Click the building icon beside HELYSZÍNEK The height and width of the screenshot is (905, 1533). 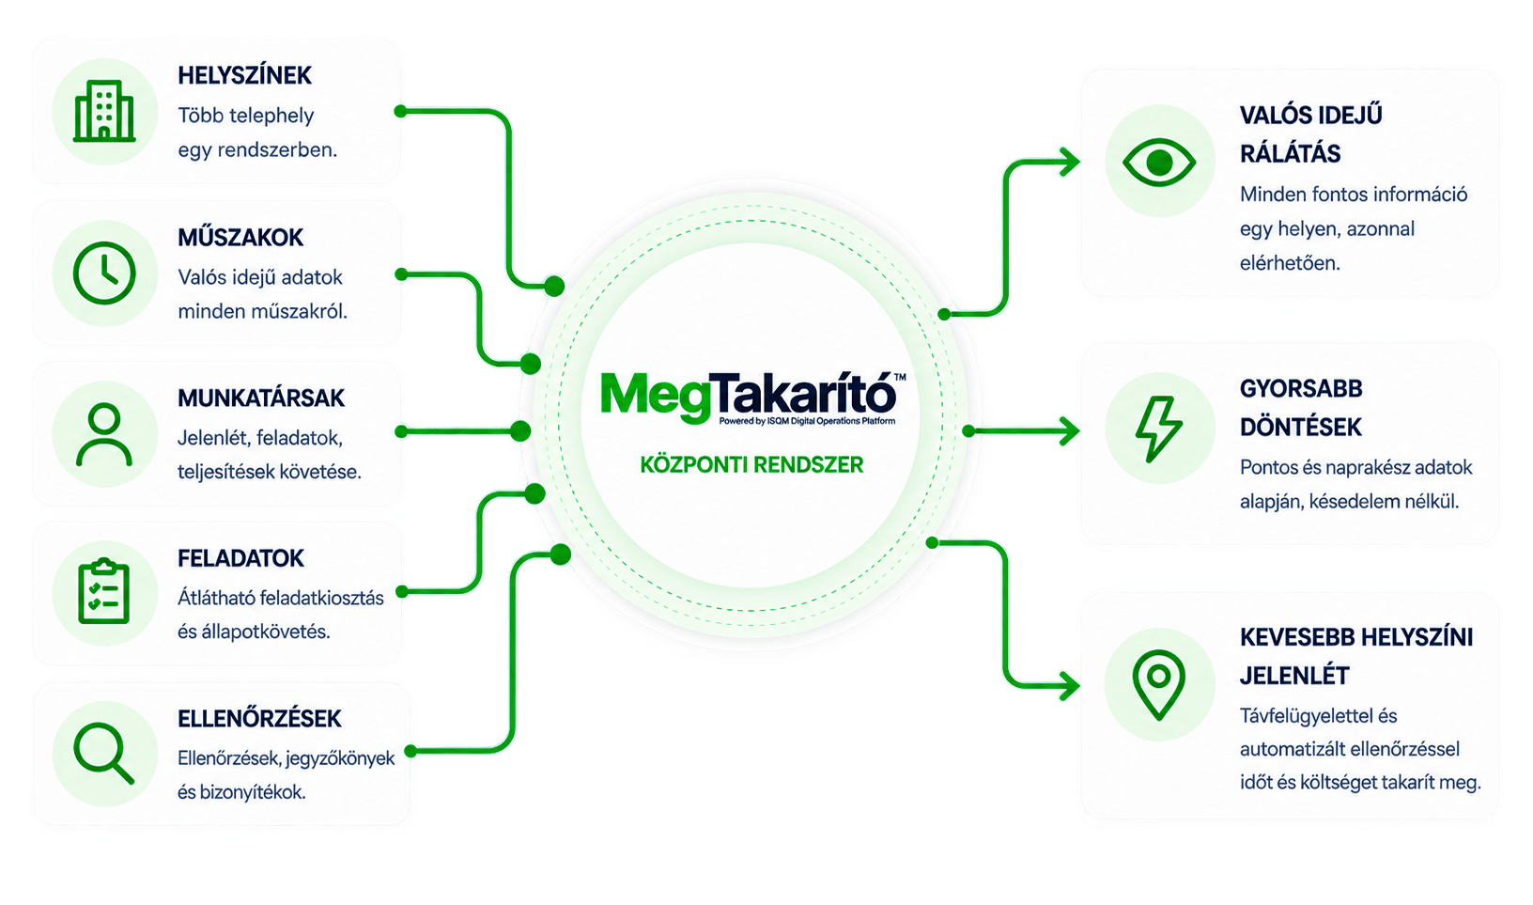pyautogui.click(x=104, y=111)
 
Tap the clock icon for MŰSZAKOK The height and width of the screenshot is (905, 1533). pyautogui.click(x=104, y=273)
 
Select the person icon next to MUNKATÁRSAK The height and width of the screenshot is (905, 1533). pyautogui.click(x=104, y=435)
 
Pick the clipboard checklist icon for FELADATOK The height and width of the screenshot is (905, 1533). pyautogui.click(x=104, y=591)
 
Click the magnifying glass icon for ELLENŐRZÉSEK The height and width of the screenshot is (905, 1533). pyautogui.click(x=103, y=753)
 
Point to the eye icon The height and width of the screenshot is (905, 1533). pyautogui.click(x=1158, y=163)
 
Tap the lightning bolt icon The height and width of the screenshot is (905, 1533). pyautogui.click(x=1158, y=429)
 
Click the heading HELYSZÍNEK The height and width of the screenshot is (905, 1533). pyautogui.click(x=244, y=75)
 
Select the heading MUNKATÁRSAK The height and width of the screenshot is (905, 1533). pyautogui.click(x=261, y=398)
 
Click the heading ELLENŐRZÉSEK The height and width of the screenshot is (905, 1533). pyautogui.click(x=259, y=719)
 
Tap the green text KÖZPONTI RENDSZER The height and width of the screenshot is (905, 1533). pyautogui.click(x=751, y=465)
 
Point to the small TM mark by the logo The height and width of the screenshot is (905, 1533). pyautogui.click(x=900, y=377)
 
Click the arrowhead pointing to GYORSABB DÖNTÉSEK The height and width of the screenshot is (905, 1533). pyautogui.click(x=1069, y=431)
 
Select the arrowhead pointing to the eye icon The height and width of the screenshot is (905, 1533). pyautogui.click(x=1069, y=163)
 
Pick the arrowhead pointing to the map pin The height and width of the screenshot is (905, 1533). pyautogui.click(x=1069, y=685)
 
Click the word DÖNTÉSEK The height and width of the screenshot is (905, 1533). pyautogui.click(x=1300, y=428)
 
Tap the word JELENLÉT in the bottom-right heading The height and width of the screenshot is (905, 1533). pyautogui.click(x=1294, y=677)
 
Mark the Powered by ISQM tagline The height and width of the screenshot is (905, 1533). pyautogui.click(x=807, y=421)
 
